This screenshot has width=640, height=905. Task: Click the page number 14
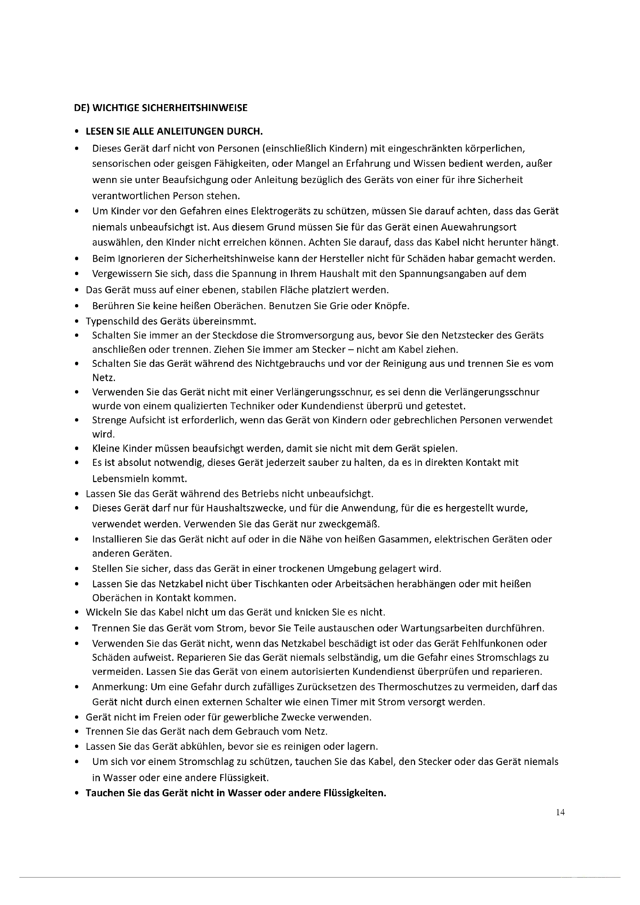coord(560,812)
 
